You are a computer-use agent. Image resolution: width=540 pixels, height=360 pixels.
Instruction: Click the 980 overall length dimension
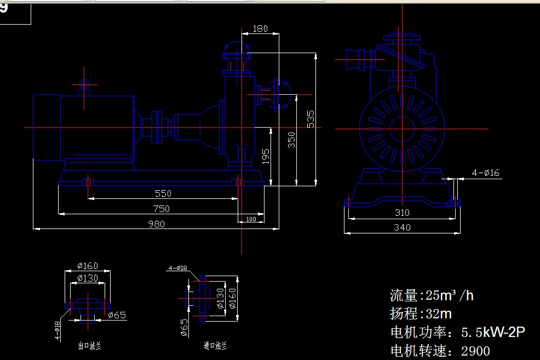tap(156, 224)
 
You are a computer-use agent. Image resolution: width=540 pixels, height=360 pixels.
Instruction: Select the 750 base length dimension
tap(162, 209)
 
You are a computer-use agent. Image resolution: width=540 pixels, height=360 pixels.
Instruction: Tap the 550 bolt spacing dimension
tap(163, 193)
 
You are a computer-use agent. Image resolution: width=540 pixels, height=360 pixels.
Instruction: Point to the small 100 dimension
tap(251, 219)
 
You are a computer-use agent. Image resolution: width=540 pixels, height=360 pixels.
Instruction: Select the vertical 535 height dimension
tap(311, 119)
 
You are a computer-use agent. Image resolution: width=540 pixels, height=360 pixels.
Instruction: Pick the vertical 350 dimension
tap(292, 140)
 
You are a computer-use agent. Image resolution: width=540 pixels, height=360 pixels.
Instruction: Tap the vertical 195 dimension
tap(266, 156)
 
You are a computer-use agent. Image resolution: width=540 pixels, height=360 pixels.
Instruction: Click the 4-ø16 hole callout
tap(486, 173)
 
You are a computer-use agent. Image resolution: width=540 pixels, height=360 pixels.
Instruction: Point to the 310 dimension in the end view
tap(402, 213)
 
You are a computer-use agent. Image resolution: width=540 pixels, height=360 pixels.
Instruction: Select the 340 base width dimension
tap(402, 227)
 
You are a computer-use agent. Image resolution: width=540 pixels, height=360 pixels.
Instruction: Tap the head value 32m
tap(438, 314)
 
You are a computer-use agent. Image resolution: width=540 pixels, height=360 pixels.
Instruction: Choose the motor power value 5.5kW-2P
tap(493, 332)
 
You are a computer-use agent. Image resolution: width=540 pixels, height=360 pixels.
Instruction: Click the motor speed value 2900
tap(475, 351)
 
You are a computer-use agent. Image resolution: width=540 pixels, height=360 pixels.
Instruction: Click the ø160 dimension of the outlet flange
tap(88, 266)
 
